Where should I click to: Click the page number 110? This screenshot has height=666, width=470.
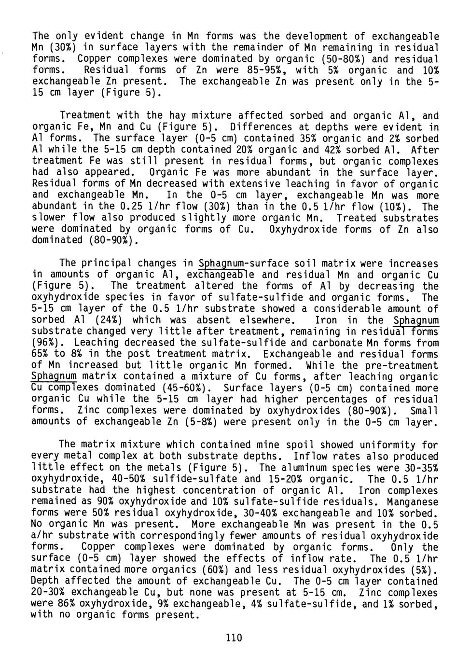(233, 638)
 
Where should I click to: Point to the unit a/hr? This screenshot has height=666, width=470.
(43, 536)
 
